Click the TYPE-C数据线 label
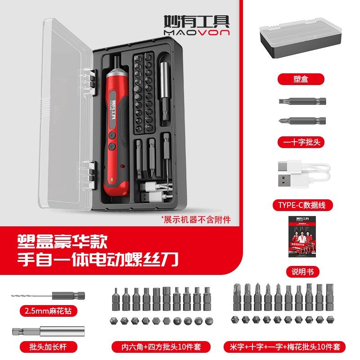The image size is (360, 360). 305,205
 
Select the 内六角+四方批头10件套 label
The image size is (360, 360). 164,347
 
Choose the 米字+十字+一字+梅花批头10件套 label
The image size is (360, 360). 285,347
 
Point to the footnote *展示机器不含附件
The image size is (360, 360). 196,220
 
